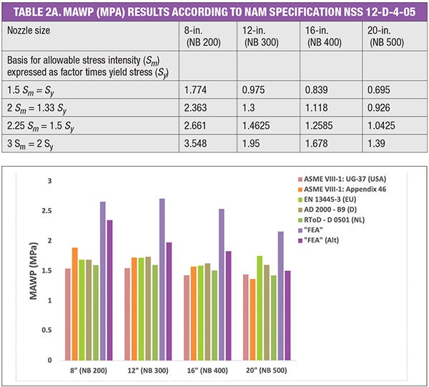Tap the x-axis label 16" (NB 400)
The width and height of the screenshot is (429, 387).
(x=205, y=372)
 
